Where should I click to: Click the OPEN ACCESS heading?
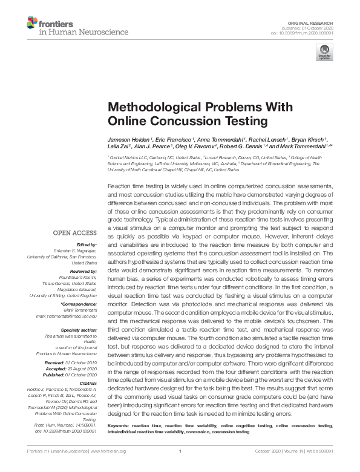pos(74,233)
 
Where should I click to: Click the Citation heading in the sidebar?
pos(87,383)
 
